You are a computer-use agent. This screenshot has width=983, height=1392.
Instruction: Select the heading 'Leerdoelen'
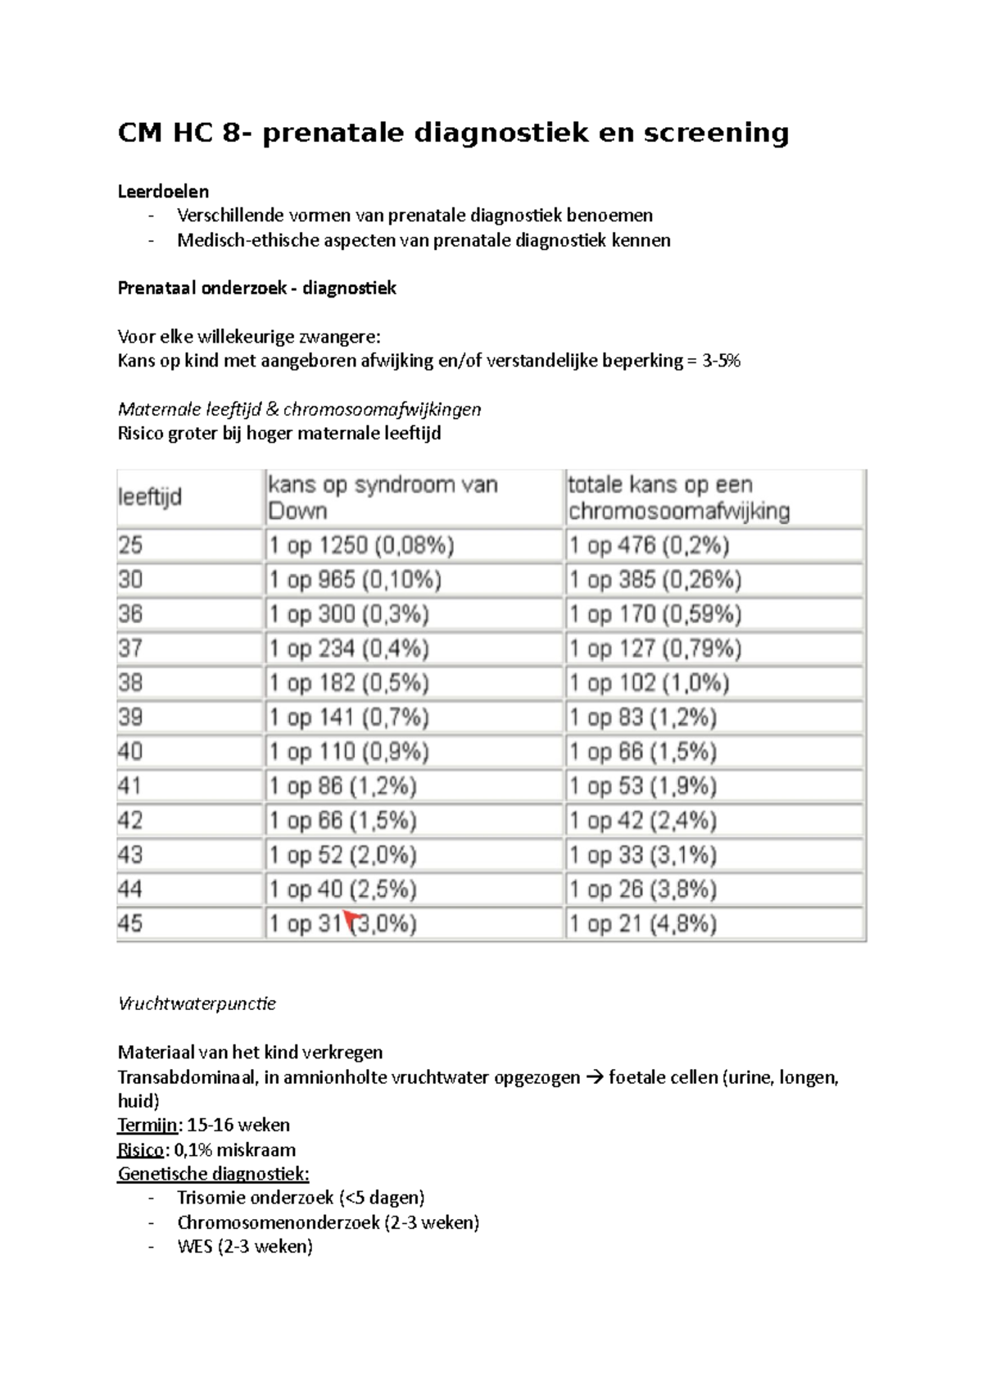[163, 191]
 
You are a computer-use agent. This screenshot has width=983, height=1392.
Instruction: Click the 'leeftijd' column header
[150, 497]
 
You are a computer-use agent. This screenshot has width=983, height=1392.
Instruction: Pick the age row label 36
[130, 614]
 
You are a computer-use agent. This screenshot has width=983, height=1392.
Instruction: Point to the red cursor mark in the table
[352, 918]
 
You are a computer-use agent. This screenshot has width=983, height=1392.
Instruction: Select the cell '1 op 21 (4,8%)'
[642, 924]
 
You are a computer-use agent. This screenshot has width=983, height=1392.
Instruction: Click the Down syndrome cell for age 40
[349, 752]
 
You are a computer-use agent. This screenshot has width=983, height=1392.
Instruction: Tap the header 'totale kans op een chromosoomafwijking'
[678, 498]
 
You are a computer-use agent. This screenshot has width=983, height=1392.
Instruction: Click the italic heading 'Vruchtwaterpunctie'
[197, 1003]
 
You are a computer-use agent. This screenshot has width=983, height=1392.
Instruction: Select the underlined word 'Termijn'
[147, 1125]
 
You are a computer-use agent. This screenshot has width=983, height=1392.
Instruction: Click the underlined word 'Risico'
[141, 1149]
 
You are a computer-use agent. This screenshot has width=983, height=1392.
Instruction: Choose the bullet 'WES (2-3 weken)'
[245, 1247]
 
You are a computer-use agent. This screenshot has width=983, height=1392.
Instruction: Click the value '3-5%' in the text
[721, 361]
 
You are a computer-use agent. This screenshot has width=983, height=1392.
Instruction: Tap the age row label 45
[130, 924]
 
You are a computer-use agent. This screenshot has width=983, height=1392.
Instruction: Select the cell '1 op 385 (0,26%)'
[655, 580]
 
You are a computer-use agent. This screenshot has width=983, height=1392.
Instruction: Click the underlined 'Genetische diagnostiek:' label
[213, 1174]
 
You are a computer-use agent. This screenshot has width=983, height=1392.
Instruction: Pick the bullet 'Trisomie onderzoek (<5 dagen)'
[301, 1198]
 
